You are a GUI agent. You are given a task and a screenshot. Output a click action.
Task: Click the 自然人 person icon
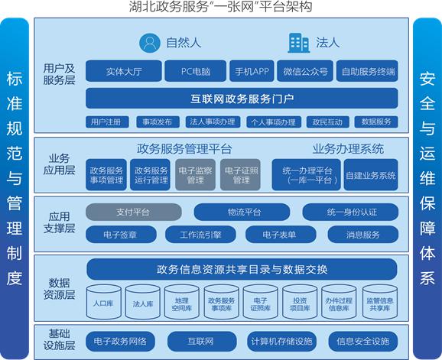150,43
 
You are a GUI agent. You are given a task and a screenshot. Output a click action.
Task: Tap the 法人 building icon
298,43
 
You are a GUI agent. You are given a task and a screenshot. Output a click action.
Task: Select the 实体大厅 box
124,71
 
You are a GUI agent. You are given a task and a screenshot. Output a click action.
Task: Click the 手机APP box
252,71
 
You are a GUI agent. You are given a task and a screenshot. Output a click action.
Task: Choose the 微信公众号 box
305,71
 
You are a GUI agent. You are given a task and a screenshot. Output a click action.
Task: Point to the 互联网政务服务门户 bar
242,99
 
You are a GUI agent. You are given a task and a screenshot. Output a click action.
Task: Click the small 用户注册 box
107,122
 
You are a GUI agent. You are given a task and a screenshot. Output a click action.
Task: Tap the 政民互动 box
327,122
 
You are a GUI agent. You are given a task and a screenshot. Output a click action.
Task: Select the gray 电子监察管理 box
195,174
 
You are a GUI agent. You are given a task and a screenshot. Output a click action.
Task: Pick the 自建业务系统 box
371,174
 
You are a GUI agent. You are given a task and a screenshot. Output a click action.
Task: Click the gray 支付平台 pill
134,212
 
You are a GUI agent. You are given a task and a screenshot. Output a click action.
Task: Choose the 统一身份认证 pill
350,212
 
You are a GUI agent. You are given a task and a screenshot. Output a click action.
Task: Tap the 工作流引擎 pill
200,235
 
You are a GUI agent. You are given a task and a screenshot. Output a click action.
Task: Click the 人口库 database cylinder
104,302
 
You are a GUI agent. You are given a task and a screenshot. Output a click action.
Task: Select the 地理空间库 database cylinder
182,302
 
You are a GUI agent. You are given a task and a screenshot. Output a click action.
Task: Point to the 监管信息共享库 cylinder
380,302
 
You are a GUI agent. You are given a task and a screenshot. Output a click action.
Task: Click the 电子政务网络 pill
120,342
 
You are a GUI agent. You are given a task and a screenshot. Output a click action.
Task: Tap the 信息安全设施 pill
363,342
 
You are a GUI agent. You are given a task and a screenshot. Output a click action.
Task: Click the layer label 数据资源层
59,288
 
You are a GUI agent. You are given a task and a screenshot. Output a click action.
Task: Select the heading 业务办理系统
348,148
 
